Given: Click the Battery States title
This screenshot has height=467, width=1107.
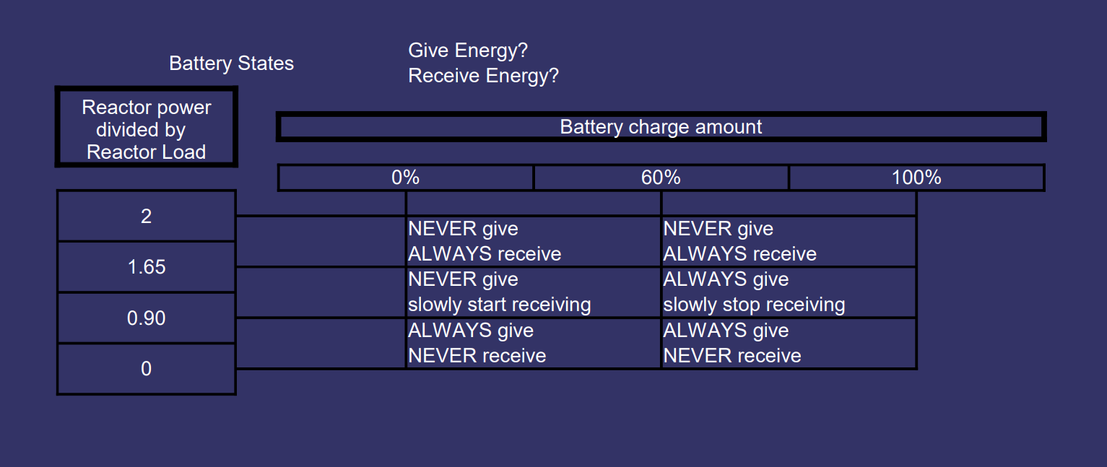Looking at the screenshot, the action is tap(231, 64).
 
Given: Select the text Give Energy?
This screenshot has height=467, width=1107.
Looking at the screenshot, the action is tap(468, 51).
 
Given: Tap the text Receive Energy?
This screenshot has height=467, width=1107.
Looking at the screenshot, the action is tap(483, 76).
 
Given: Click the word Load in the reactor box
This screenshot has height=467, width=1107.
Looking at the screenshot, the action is tap(183, 152).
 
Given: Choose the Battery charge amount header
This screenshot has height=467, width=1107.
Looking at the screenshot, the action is tap(661, 127).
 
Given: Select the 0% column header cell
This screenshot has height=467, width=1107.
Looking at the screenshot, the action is tap(405, 178).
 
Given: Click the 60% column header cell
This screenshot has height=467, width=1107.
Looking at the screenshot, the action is tap(661, 178).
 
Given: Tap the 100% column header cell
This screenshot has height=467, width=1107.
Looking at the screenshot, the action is tap(917, 178).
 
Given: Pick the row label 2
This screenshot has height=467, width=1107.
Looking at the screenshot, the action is tap(147, 216).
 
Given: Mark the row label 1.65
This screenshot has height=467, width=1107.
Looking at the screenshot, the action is tap(147, 267).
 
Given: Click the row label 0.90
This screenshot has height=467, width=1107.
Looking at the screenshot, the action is tap(147, 318).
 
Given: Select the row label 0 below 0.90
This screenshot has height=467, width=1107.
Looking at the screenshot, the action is tap(147, 369).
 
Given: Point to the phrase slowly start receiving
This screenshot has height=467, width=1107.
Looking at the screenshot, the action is tap(499, 305).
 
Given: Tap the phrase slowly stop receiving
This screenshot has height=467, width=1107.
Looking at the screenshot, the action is tap(754, 305).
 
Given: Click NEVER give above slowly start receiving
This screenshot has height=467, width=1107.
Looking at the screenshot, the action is tap(463, 279).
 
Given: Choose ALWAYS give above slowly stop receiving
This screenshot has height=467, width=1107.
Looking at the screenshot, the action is tap(726, 279).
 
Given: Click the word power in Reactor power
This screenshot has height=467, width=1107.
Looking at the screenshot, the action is tap(183, 108).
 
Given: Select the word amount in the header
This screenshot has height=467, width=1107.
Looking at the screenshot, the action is tap(729, 127).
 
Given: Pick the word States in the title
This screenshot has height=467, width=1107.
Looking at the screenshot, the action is tap(266, 64).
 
